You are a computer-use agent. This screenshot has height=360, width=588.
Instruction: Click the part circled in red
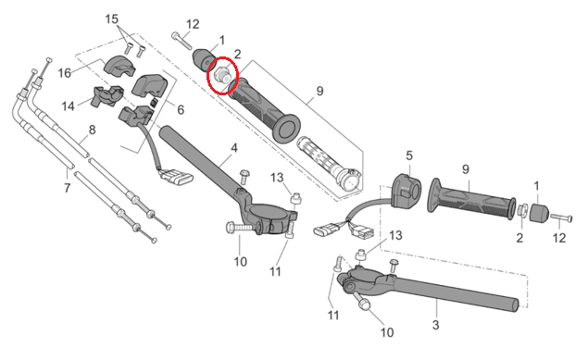coord(222,75)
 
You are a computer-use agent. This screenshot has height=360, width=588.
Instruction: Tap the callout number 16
coord(64,73)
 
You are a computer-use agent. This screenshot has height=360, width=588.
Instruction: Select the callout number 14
coord(68,106)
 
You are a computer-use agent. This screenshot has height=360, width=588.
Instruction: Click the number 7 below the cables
coord(67,188)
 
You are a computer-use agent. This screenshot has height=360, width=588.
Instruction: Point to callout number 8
coord(92,130)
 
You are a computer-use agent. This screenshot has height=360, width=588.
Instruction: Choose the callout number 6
coord(181,110)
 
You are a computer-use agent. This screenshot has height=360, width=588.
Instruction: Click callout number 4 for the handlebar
coord(234,148)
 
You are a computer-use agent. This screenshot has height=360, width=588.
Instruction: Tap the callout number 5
coord(409,155)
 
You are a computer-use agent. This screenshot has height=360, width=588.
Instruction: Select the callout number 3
coord(435,325)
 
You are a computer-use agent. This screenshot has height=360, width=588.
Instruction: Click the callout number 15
coord(111,19)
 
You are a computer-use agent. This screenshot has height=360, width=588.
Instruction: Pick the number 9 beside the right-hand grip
coord(466,169)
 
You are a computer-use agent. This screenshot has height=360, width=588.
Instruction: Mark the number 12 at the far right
coord(559,238)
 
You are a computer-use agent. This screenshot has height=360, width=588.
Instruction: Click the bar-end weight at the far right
coord(539,213)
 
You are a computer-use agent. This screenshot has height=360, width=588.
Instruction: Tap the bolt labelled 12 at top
coord(181,41)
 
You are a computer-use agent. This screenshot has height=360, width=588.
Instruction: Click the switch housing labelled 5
coord(407,192)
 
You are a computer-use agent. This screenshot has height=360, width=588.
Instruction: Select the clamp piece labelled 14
coord(107,95)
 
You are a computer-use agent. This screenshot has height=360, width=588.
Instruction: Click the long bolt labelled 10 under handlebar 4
coord(243,227)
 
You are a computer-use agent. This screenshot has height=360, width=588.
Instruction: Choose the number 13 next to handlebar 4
coord(277,178)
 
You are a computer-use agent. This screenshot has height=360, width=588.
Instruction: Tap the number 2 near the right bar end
coord(519,238)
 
